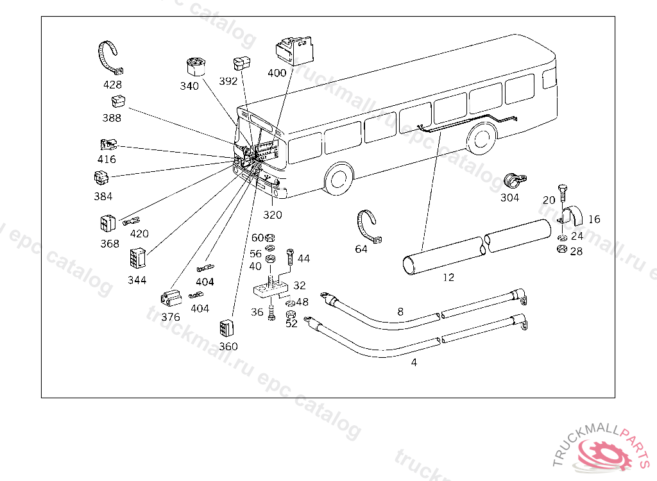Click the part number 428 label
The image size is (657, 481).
112,85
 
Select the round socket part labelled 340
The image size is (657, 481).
194,67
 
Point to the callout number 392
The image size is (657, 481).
228,81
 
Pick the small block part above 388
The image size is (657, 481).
117,101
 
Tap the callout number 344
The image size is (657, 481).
137,280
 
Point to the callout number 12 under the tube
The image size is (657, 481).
448,278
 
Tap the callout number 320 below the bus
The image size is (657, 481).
272,215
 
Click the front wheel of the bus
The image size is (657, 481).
339,178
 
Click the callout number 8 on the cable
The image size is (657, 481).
400,312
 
